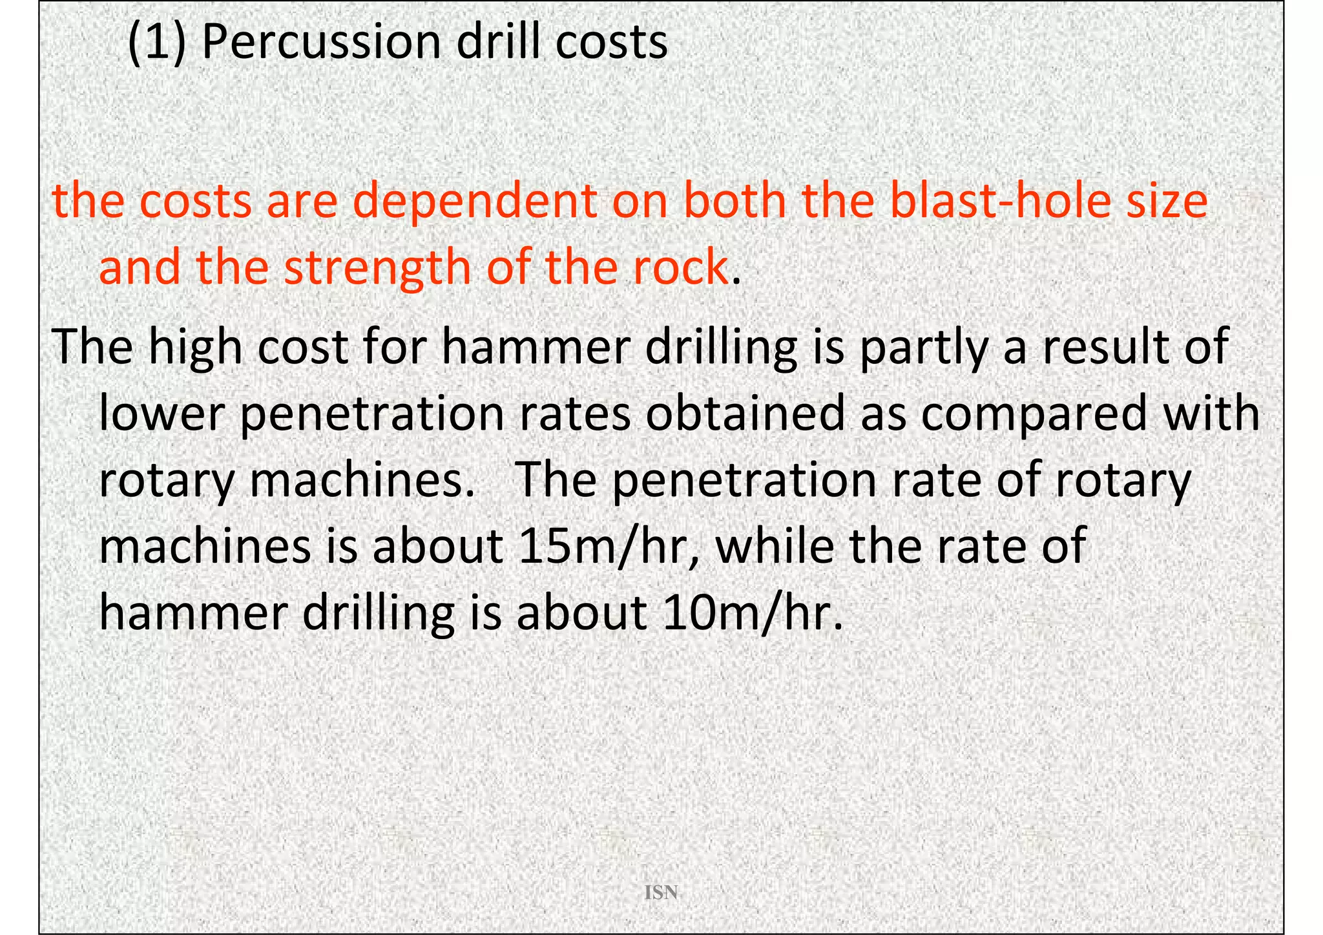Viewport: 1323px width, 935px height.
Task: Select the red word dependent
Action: coord(475,201)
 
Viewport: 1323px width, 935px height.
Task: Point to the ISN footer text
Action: coord(661,893)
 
